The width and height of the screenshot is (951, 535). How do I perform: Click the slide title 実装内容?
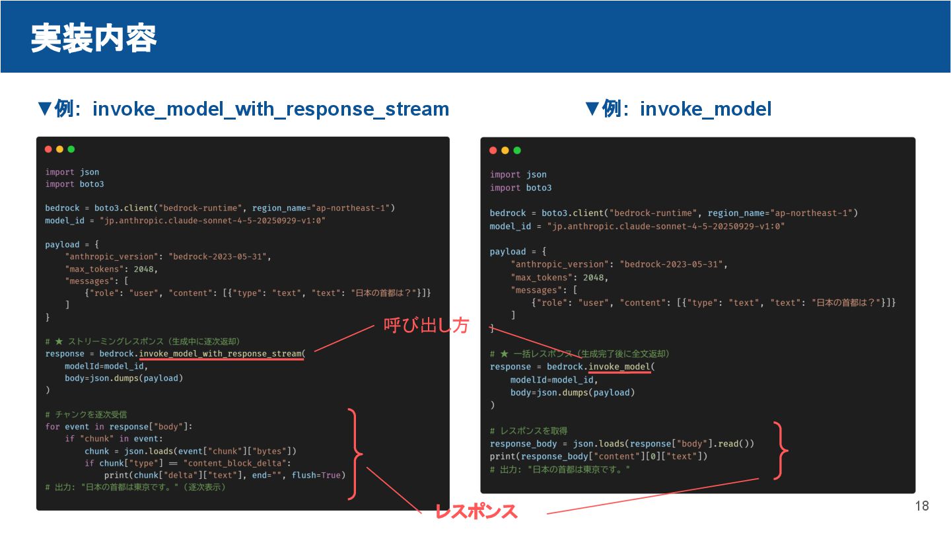93,39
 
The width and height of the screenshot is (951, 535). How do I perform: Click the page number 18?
922,506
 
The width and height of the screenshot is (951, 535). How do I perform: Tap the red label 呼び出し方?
426,325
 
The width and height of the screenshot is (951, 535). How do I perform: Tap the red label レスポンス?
475,511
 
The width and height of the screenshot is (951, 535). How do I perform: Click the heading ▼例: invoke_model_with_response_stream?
244,109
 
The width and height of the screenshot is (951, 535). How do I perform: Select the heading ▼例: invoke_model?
678,109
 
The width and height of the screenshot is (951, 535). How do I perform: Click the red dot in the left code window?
49,149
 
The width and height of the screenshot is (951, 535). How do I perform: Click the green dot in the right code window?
517,151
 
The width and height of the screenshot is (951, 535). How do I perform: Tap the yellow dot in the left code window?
60,149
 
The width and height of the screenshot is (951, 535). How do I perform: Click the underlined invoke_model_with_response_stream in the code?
221,353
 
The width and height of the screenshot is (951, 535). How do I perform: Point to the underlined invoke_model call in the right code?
619,367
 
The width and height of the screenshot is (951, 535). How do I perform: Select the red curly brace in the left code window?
355,454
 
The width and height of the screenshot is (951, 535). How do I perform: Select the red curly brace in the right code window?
781,450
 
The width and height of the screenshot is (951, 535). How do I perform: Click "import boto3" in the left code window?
75,184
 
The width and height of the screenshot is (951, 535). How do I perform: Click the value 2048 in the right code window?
593,277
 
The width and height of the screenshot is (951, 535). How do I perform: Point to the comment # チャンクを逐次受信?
86,415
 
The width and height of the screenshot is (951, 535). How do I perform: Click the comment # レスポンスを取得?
528,431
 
